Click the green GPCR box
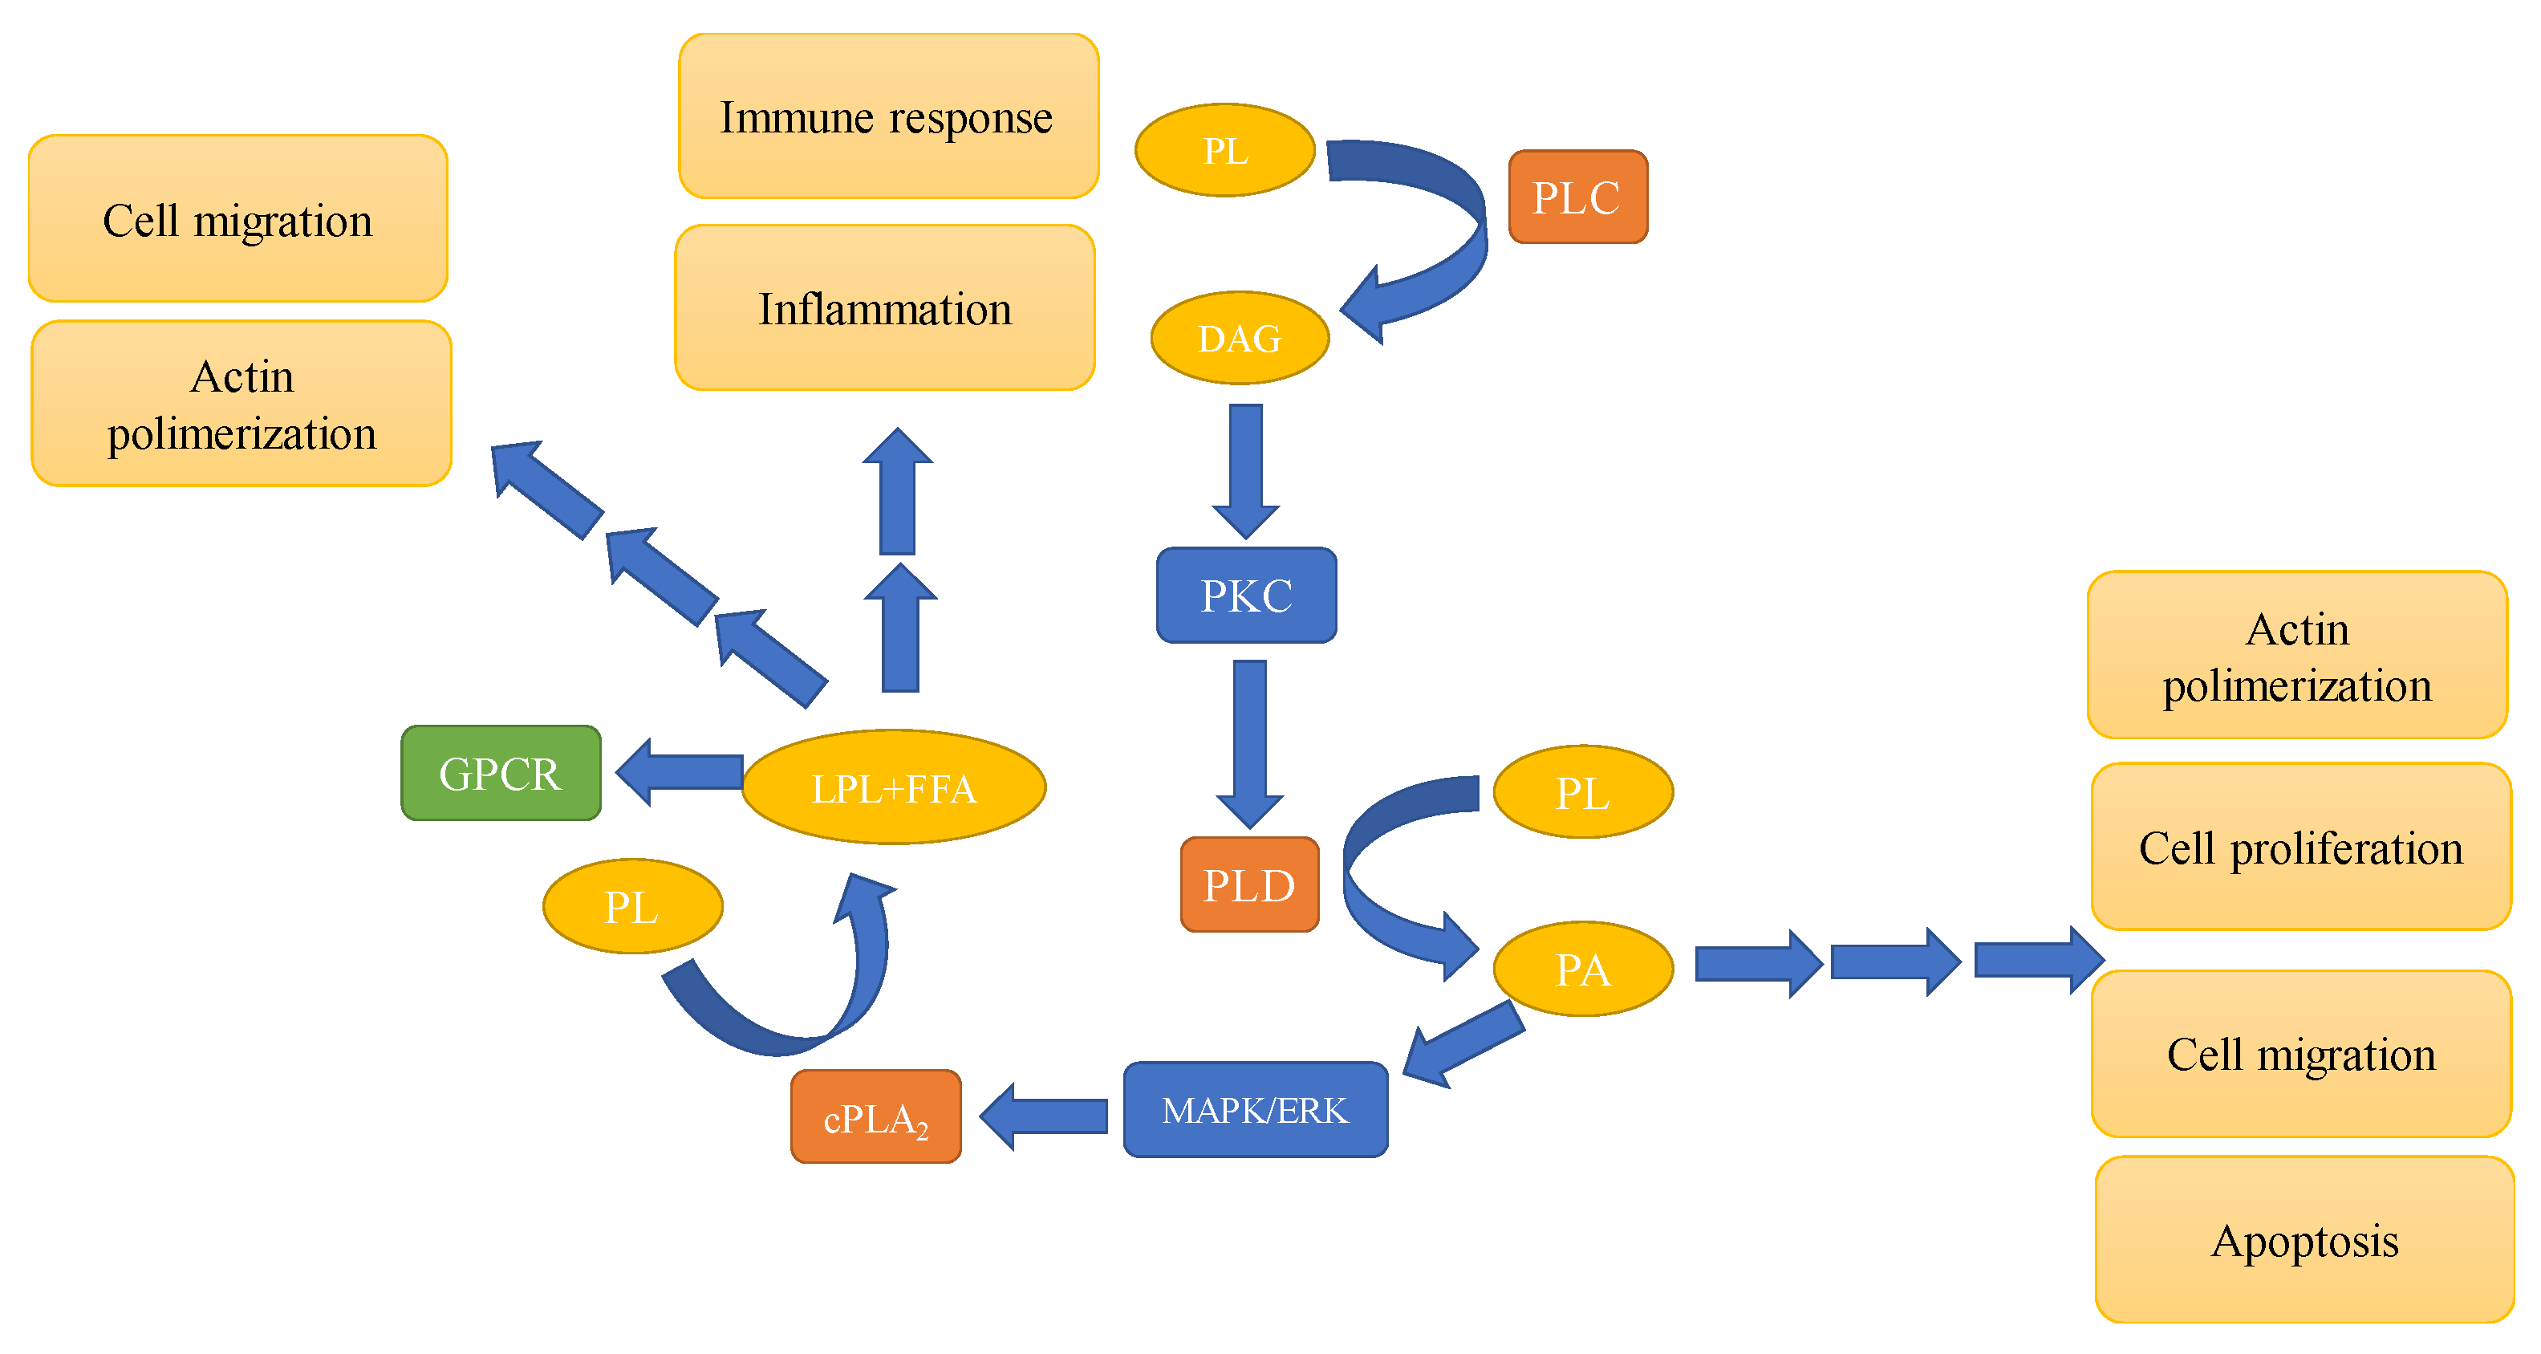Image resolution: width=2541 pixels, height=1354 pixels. (500, 773)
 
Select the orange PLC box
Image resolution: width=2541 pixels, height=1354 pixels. (1577, 197)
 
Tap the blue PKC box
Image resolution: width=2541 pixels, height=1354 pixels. (1246, 595)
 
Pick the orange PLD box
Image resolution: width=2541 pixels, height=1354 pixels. (1248, 884)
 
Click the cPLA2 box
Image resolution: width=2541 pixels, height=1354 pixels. (875, 1116)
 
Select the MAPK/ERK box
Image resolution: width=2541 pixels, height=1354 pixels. (1255, 1109)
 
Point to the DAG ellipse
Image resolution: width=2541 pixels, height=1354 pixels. (1239, 338)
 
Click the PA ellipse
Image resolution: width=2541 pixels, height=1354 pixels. (1582, 968)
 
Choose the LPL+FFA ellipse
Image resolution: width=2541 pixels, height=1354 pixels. (893, 787)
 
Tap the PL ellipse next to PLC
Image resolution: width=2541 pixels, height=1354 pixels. (1224, 150)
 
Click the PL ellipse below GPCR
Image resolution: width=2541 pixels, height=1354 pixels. (632, 906)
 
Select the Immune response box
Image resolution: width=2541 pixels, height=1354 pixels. (887, 116)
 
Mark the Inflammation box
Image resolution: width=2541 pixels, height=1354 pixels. (885, 308)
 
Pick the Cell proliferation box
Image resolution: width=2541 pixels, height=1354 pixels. (2300, 847)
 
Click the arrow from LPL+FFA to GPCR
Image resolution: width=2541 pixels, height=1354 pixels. (680, 772)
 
